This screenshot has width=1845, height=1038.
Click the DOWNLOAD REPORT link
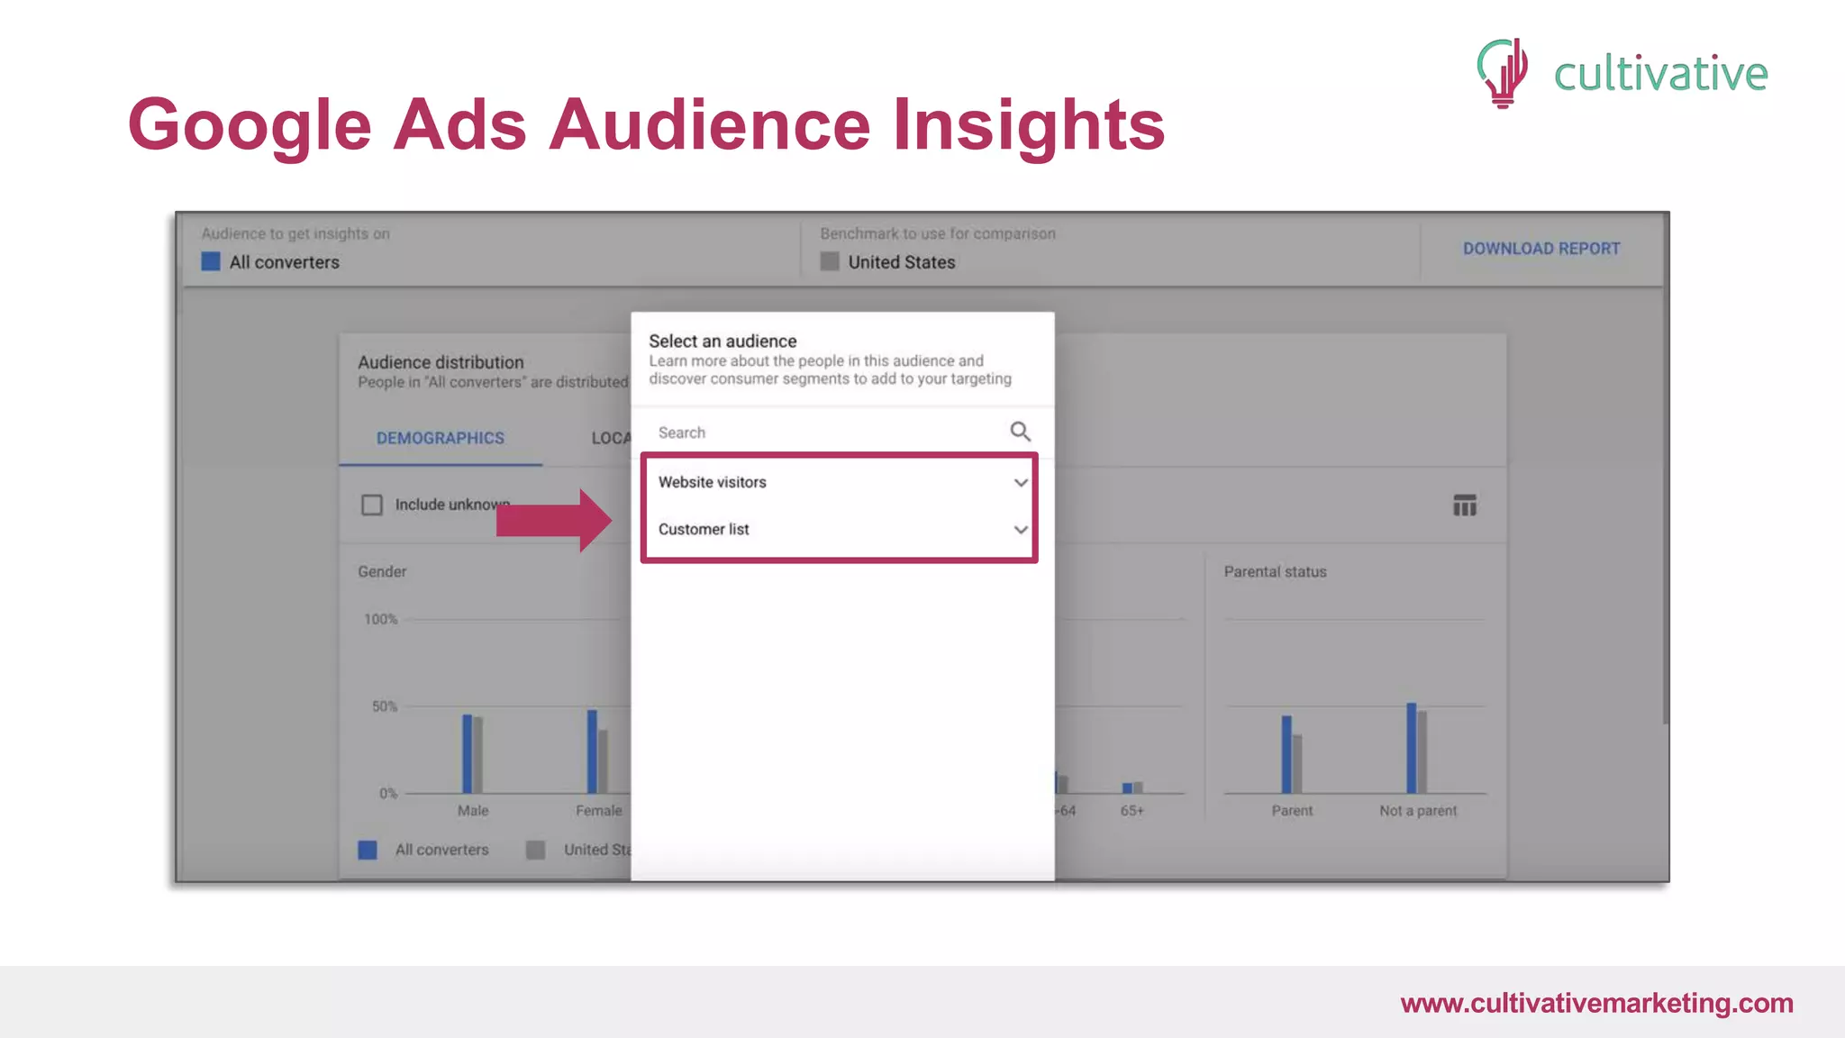[x=1541, y=249]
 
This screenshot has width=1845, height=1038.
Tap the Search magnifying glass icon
[x=1020, y=432]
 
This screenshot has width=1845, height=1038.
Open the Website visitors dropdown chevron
[x=1020, y=483]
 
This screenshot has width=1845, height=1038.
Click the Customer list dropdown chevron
[x=1020, y=530]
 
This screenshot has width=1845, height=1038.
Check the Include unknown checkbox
[x=372, y=505]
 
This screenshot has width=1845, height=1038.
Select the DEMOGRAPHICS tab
[x=440, y=438]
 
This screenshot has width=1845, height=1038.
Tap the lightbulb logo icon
[x=1503, y=72]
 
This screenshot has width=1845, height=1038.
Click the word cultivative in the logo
[x=1660, y=74]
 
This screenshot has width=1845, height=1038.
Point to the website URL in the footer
[x=1596, y=1003]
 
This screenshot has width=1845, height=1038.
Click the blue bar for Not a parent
[x=1411, y=748]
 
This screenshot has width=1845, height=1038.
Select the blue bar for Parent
[x=1286, y=754]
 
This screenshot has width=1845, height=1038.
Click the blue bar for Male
[x=467, y=753]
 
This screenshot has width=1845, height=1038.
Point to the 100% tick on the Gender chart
[x=380, y=619]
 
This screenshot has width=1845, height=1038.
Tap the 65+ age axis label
[x=1132, y=811]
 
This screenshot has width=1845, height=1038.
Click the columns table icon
[x=1464, y=505]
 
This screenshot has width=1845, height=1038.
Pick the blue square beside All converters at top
[x=211, y=262]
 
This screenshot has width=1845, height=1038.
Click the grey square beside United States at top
[x=830, y=262]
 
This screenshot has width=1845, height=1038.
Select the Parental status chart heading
[x=1275, y=571]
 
